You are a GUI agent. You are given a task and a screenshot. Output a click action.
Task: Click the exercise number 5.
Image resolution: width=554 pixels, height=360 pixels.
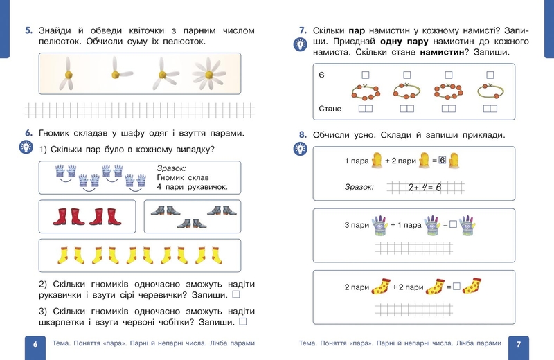[28, 31]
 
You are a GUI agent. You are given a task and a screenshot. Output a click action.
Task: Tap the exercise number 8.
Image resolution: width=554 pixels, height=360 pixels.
[302, 136]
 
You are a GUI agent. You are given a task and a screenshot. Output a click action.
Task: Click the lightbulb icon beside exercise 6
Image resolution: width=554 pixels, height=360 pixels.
[26, 147]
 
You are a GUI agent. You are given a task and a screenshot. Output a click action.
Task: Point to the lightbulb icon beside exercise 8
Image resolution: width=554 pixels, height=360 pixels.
[301, 149]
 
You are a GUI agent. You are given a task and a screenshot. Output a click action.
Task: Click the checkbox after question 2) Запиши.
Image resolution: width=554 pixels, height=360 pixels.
[235, 296]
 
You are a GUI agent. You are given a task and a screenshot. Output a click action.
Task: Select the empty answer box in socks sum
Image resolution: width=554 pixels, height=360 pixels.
[456, 286]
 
